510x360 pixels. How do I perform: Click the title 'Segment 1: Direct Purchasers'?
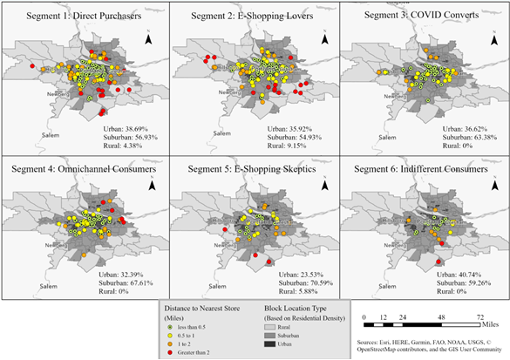(85, 17)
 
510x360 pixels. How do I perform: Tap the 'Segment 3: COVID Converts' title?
(420, 17)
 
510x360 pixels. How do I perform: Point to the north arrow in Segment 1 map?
(149, 39)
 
